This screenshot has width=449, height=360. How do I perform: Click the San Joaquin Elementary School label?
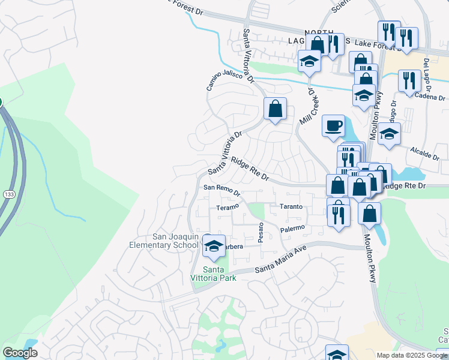[164, 241]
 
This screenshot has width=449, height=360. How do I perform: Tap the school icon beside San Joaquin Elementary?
[213, 245]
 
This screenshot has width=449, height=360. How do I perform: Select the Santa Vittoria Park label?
[218, 273]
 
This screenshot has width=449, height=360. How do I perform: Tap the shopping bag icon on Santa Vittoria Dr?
[275, 109]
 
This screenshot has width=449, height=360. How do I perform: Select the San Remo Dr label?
[221, 190]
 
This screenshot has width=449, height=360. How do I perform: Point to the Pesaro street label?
[261, 232]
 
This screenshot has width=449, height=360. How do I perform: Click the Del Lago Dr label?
[427, 70]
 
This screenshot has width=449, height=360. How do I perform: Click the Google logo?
[20, 353]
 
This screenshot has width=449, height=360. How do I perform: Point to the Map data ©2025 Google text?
[411, 355]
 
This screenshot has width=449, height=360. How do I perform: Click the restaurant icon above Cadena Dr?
[410, 80]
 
